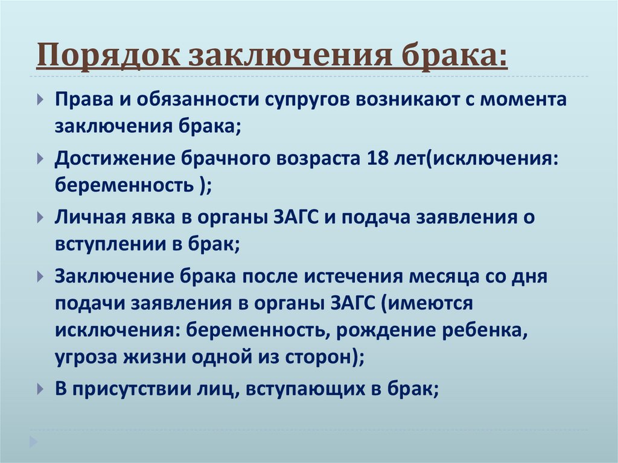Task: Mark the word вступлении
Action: click(x=110, y=243)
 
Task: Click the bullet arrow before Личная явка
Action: click(x=40, y=216)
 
